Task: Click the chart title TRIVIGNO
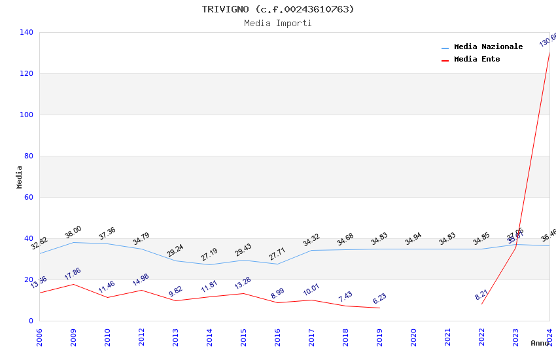coord(278,9)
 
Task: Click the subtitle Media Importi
coord(278,24)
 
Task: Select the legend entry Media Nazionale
coord(488,47)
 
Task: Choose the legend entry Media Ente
coord(477,60)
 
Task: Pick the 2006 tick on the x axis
coord(39,337)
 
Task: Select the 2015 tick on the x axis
coord(243,337)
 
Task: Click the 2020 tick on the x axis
coord(413,337)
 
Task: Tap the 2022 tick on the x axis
coord(481,337)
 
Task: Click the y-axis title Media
coord(20,177)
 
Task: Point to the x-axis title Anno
coord(540,343)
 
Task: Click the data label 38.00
coord(73,232)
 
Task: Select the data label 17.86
coord(73,274)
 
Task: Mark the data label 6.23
coord(379,298)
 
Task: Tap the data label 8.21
coord(481,294)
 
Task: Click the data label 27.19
coord(209,254)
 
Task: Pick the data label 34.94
coord(413,239)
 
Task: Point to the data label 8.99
coord(277,293)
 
